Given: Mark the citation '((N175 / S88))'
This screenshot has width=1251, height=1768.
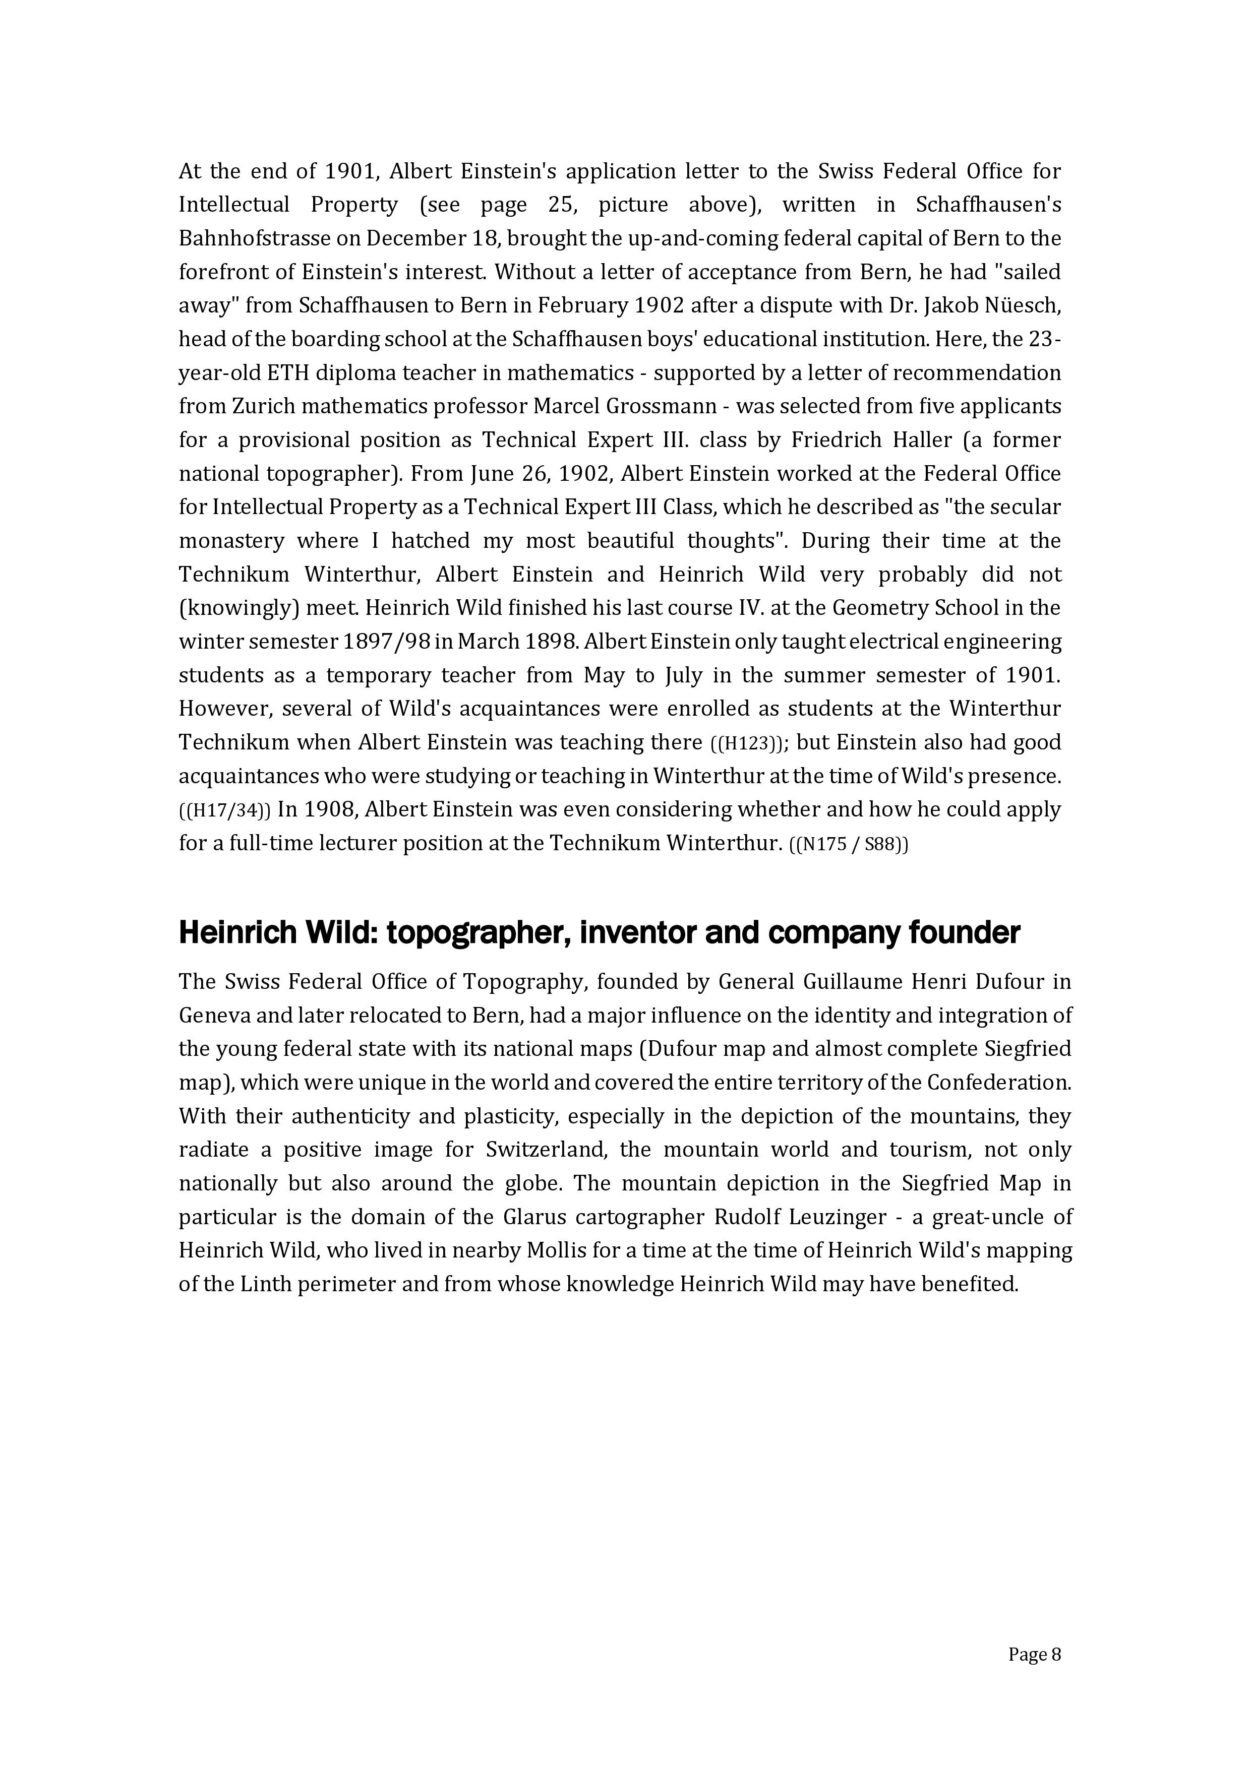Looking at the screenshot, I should click(x=850, y=844).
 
